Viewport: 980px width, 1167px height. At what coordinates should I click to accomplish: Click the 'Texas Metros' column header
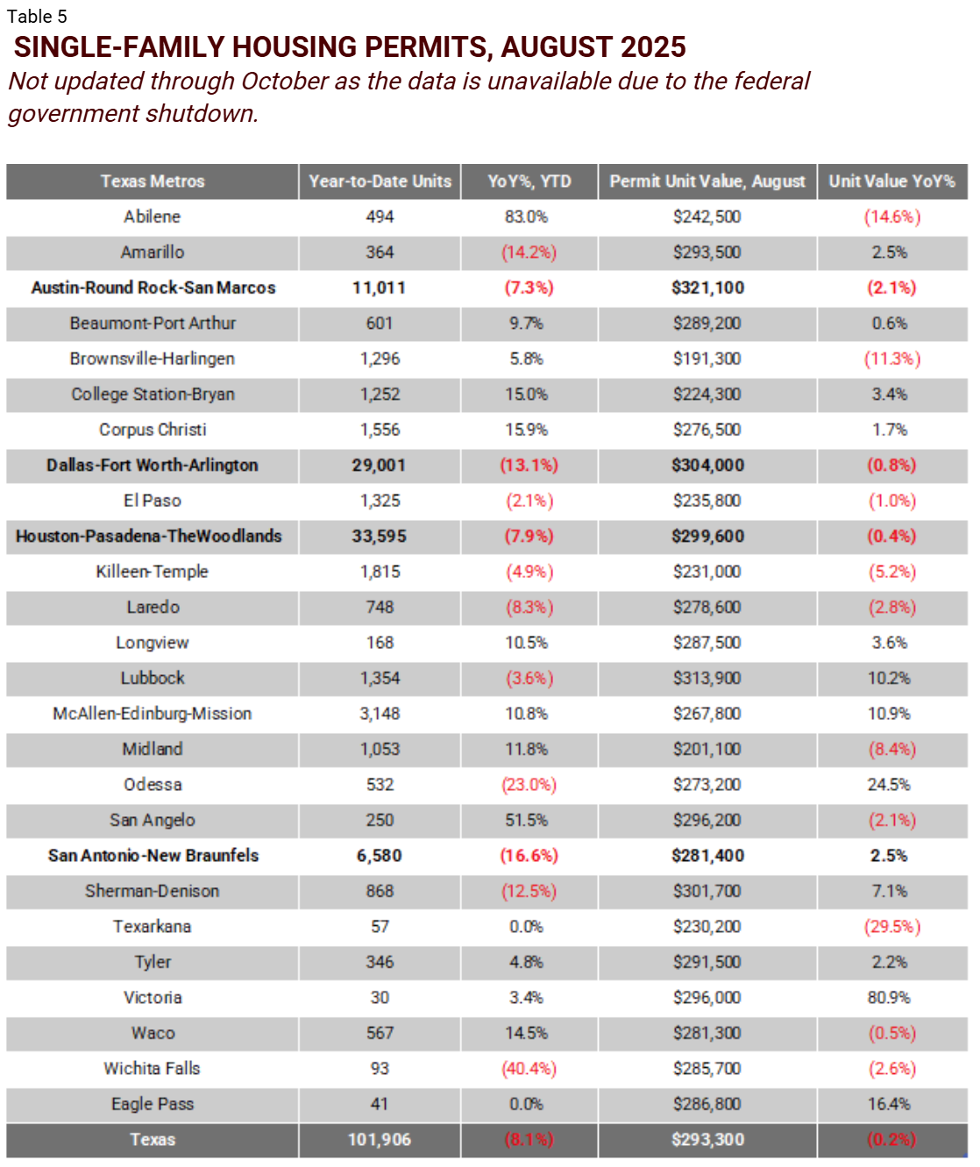(x=153, y=181)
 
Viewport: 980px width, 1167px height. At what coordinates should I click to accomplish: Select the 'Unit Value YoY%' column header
(x=891, y=181)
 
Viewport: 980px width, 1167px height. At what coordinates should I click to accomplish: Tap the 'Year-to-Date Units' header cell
(x=380, y=181)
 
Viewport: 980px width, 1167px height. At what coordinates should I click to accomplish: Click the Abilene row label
(x=153, y=217)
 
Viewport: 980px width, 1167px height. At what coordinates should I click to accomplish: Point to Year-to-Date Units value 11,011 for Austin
(x=379, y=288)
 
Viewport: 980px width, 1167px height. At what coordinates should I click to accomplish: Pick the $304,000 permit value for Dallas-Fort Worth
(x=707, y=466)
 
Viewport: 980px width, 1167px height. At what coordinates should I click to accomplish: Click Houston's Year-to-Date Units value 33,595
(x=379, y=537)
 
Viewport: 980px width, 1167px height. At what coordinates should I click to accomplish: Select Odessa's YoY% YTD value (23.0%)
(x=529, y=785)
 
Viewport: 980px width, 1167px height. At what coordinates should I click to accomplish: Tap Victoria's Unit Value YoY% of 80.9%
(x=889, y=998)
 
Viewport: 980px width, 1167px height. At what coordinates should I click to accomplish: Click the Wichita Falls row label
(x=153, y=1069)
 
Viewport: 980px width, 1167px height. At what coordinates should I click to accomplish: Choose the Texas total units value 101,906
(x=379, y=1140)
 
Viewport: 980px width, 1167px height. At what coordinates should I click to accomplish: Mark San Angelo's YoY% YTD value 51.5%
(x=527, y=821)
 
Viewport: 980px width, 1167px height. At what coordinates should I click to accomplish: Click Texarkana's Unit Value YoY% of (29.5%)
(x=891, y=927)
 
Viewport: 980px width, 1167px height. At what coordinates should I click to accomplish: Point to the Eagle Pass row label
(x=153, y=1105)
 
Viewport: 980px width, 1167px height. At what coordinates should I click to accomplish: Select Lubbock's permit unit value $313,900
(x=707, y=679)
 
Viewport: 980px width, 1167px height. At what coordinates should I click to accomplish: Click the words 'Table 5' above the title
(x=37, y=17)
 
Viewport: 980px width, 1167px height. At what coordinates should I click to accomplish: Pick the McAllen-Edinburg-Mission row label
(x=153, y=714)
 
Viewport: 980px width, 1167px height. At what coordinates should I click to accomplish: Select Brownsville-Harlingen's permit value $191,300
(x=707, y=359)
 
